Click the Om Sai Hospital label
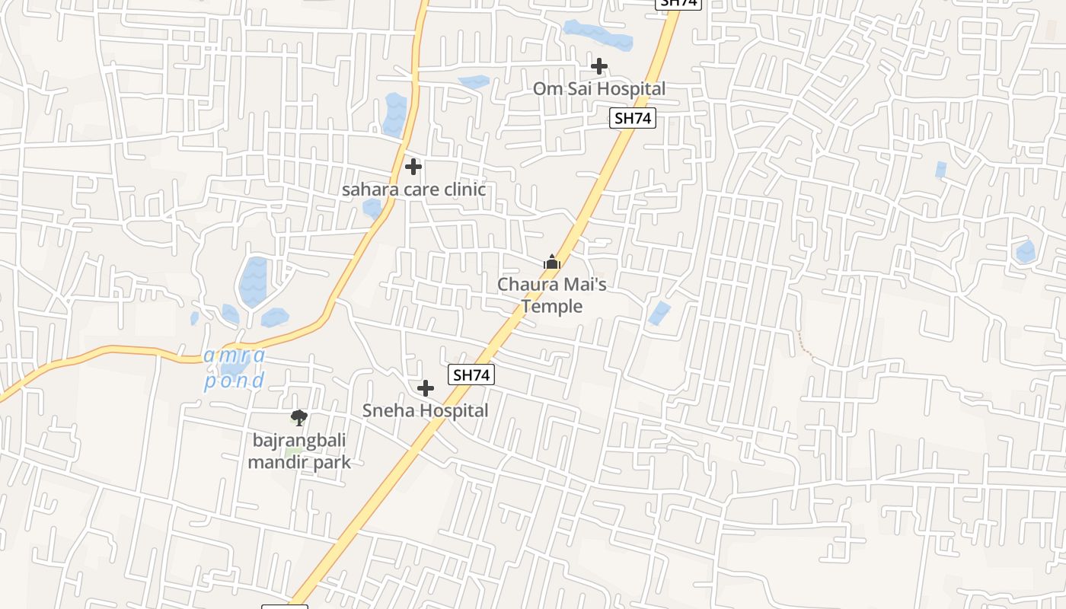tap(598, 89)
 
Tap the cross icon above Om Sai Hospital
tap(599, 66)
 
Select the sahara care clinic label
tap(413, 190)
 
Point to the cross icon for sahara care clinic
tap(413, 166)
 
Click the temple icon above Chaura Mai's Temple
tap(552, 263)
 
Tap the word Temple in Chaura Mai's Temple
tap(552, 306)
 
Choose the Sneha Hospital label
tap(425, 410)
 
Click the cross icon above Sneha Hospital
tap(426, 388)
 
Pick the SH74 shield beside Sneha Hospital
tap(472, 375)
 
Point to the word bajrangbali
tap(299, 440)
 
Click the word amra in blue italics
tap(235, 355)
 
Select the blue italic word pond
tap(235, 381)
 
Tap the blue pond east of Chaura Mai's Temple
tap(659, 313)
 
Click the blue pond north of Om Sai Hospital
tap(598, 35)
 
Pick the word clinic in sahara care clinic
tap(460, 190)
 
